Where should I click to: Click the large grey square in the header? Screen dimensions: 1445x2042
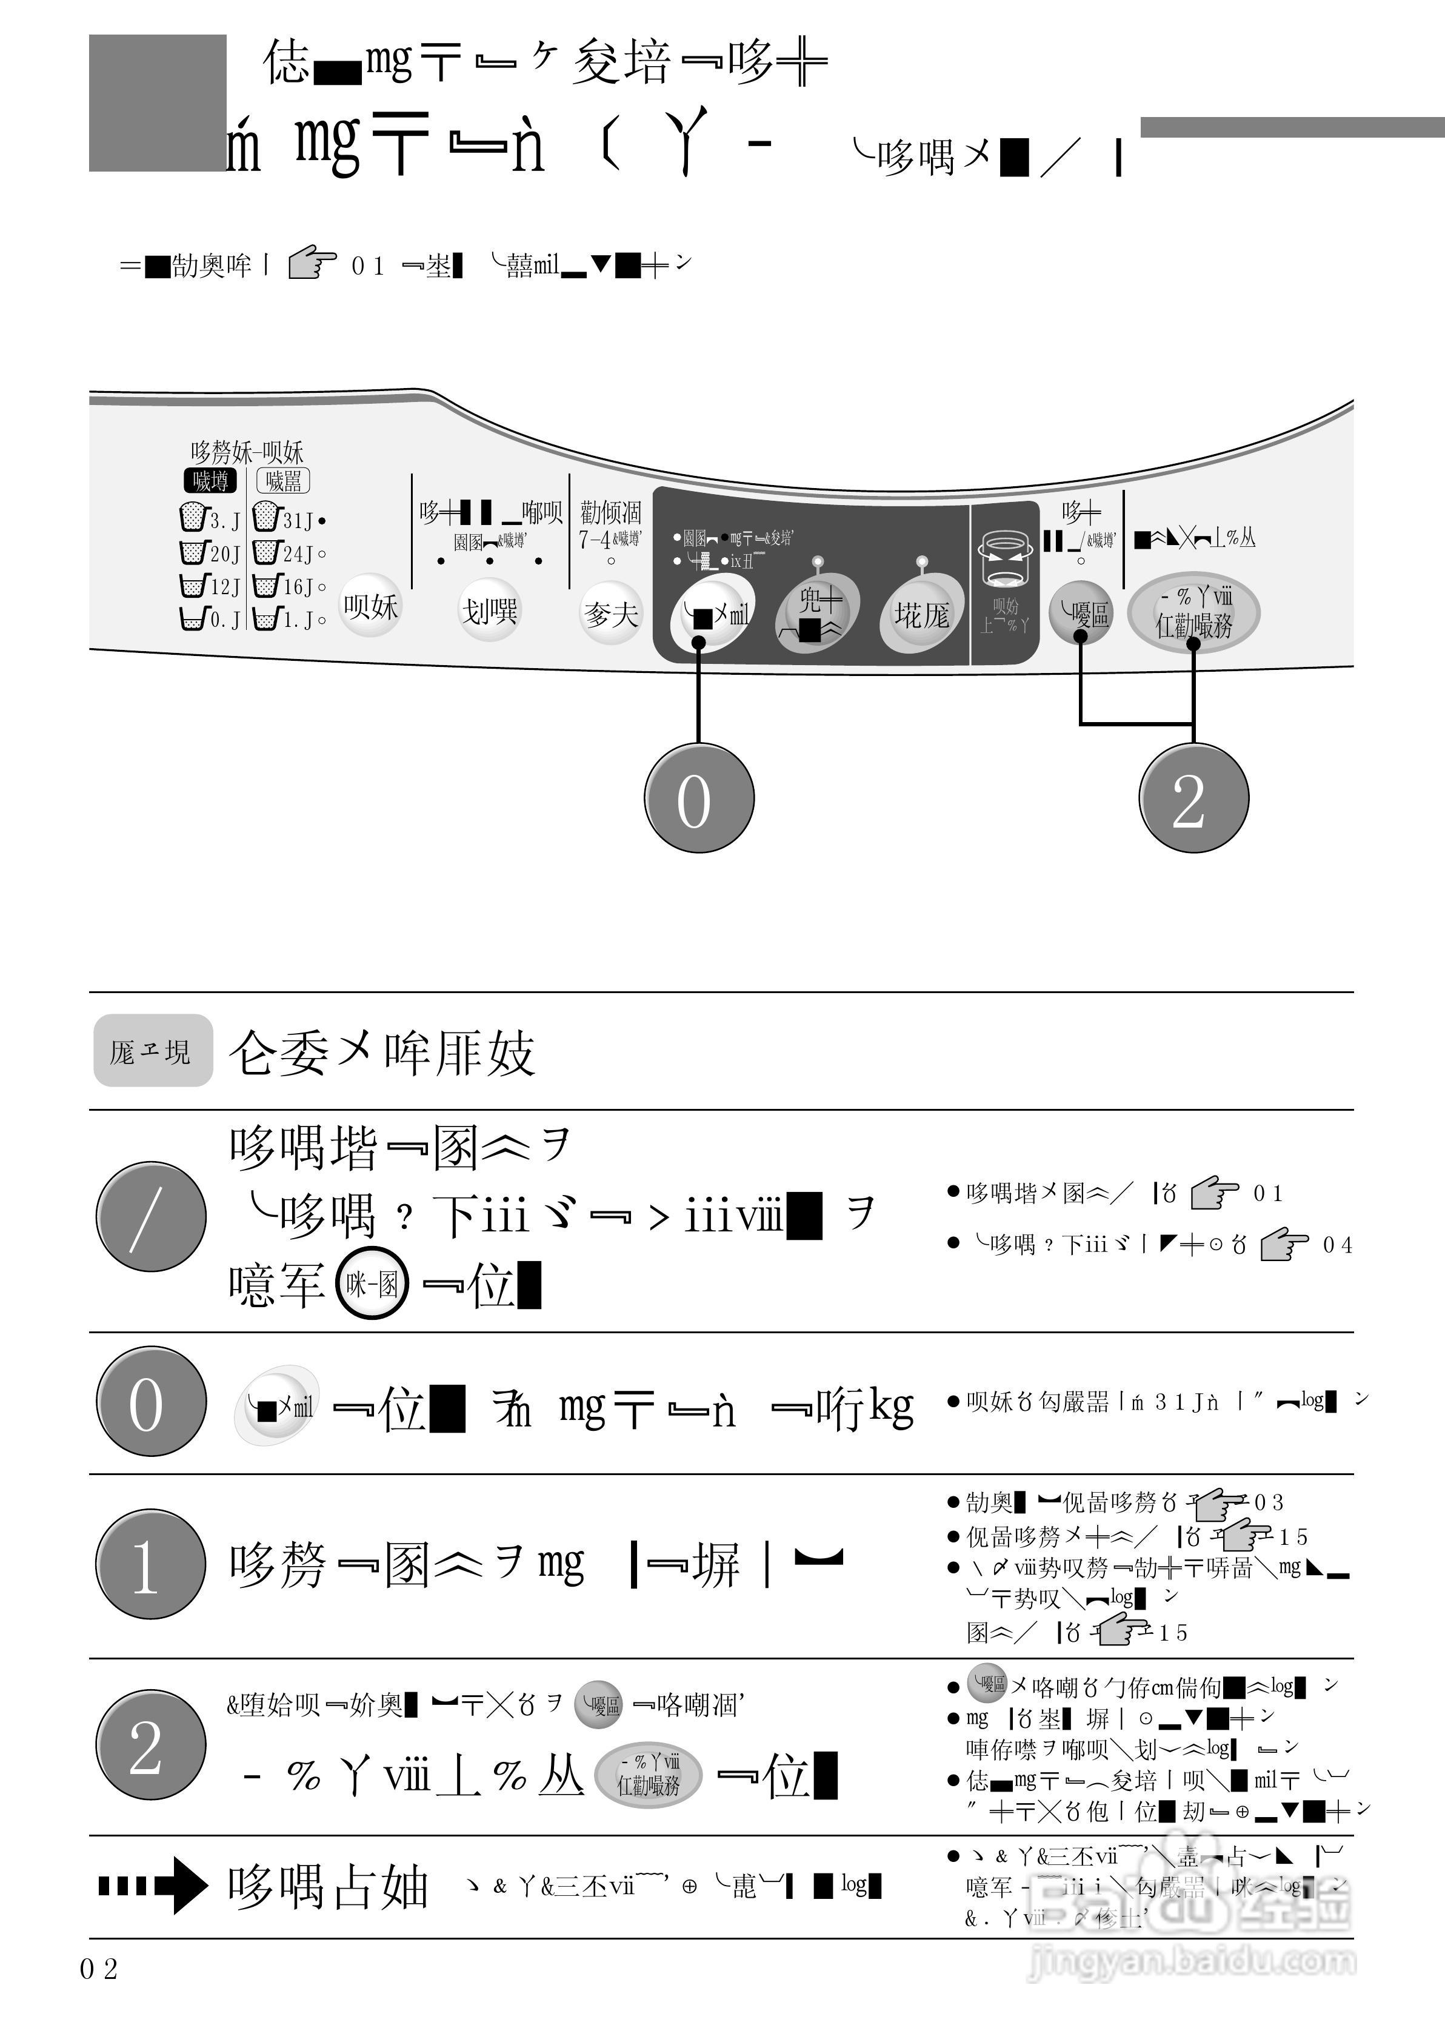tap(158, 102)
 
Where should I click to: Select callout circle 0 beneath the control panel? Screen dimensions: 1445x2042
tap(698, 797)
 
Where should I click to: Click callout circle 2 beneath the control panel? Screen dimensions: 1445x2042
tap(1193, 797)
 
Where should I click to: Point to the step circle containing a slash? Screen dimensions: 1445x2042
tap(150, 1216)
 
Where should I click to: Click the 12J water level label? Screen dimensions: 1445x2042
tap(225, 586)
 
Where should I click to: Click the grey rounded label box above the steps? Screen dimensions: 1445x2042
tap(153, 1051)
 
